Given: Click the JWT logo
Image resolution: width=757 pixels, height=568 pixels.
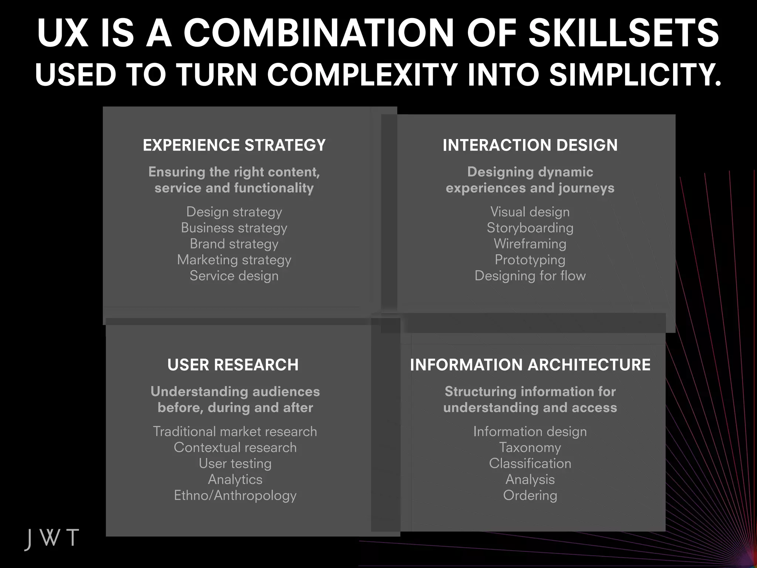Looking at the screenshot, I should pos(52,538).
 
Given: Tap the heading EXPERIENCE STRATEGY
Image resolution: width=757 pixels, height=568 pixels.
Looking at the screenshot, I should pos(234,145).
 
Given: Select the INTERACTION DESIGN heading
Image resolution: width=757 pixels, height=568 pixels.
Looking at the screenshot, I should pos(530,145).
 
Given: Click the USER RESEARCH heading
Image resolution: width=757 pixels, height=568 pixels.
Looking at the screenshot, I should pos(233,365).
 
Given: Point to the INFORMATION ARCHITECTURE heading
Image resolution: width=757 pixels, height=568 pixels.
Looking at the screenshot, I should pos(530,365).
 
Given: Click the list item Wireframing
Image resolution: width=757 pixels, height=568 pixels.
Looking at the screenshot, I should pos(530,244).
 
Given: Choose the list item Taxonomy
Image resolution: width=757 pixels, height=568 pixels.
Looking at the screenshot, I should pos(530,447).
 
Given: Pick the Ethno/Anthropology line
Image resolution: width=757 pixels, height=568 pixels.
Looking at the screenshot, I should pos(235,496).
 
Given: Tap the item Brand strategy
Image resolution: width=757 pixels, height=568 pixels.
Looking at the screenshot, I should pos(234,244).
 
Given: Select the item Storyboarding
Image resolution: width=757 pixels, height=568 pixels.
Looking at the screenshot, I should pos(530,228).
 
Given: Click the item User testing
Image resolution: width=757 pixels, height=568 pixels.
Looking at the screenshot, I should pos(235,463).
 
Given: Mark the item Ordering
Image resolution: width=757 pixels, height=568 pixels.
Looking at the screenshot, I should pos(530,496).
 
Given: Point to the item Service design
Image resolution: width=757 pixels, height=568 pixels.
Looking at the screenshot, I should pos(234,276).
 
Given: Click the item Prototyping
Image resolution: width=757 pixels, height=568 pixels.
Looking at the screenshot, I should pos(530,260).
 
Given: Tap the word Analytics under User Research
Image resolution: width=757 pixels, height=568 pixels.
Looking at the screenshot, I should pos(235,479).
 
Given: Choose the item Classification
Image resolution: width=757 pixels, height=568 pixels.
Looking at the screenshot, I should pos(530,463).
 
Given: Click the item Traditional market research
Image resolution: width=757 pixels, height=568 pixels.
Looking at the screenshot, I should pos(235,432).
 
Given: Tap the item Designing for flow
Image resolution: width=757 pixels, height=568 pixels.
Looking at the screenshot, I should pos(530,276).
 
